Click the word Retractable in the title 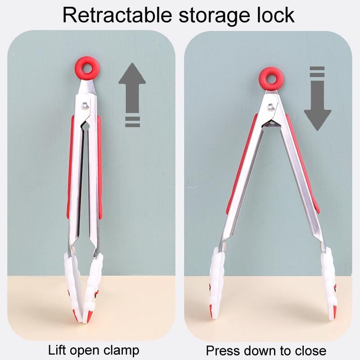coord(117,15)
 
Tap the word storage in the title coord(214,17)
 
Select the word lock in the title coord(276,15)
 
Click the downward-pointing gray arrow coord(318,99)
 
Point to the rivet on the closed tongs coord(85,106)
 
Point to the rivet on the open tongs coord(271,107)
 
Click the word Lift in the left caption coord(58,350)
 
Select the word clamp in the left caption coord(121,351)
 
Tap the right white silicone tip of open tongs coord(328,283)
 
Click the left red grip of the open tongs coord(242,163)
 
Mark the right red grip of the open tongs coord(302,163)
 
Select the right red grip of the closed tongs coord(100,167)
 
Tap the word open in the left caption coord(85,351)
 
